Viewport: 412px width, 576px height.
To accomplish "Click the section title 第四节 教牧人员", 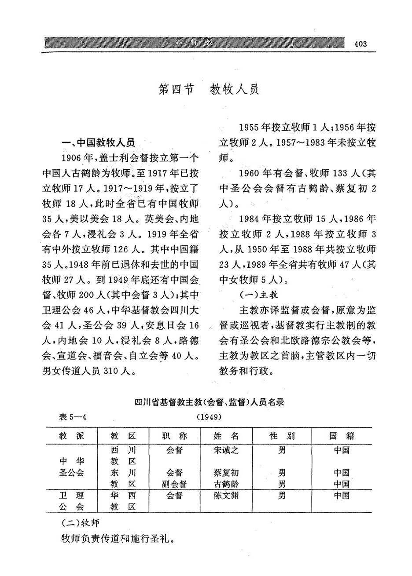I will tap(208, 89).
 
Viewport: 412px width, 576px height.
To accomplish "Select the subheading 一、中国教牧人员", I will tap(98, 143).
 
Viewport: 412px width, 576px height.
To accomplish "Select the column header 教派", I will tap(71, 436).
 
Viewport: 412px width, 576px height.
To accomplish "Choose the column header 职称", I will tap(175, 436).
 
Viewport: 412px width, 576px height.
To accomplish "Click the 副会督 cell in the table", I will tap(175, 484).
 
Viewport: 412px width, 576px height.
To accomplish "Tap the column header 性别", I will tap(282, 436).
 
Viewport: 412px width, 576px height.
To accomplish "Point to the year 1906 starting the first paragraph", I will tap(73, 158).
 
